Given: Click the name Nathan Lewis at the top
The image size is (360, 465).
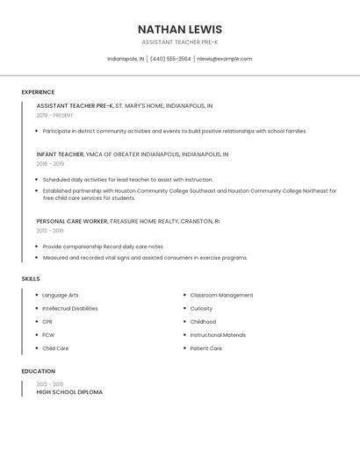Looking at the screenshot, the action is pos(180,29).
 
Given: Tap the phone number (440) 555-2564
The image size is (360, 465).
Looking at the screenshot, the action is pos(170,59).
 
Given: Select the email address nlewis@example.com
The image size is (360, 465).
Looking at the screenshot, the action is pos(224,59).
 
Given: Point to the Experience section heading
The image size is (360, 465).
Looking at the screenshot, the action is pos(38,92).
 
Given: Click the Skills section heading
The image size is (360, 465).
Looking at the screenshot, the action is pos(31,279).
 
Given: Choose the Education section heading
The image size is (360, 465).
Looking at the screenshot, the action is pos(38,371).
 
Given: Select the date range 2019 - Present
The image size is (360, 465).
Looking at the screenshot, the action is pos(54,115).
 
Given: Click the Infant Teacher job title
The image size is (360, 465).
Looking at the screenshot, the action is pos(60,154).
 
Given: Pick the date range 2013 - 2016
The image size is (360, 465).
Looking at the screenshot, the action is pos(50,231).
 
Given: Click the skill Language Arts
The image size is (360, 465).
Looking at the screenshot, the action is pos(61,296).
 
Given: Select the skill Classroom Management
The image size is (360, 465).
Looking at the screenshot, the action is pos(221,296).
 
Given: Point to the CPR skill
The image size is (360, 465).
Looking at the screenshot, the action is pos(47,322).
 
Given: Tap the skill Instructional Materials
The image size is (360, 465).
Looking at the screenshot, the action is pos(218,335).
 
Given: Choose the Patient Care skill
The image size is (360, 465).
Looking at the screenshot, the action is pos(205,348).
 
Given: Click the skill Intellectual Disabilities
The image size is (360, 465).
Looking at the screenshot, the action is pos(70,309).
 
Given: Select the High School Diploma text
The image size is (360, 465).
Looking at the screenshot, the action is pos(69,392).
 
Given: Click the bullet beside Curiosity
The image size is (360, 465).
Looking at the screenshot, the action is pos(184,309).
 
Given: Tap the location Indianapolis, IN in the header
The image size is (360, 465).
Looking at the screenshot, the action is pos(126,59).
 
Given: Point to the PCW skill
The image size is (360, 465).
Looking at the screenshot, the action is pos(48,335).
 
